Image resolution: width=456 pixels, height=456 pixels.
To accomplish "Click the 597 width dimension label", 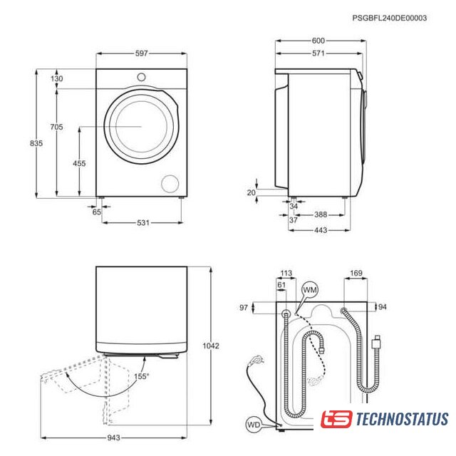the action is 141,53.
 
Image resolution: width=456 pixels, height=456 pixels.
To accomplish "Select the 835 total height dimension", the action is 36,143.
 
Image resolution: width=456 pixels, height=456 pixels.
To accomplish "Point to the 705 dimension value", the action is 56,127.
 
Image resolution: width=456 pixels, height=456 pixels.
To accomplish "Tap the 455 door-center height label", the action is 79,163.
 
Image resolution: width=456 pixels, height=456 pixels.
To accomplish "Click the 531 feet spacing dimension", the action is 143,223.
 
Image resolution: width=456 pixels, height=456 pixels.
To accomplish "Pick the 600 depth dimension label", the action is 318,41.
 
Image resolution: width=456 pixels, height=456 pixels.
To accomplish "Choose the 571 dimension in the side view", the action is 318,53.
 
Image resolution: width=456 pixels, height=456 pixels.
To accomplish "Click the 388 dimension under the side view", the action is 321,214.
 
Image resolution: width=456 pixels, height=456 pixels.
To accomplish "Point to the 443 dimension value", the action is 321,230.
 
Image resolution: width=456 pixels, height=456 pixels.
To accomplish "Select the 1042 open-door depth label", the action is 211,346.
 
